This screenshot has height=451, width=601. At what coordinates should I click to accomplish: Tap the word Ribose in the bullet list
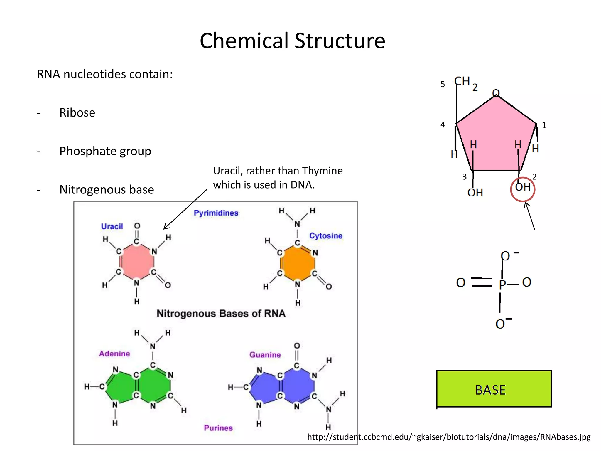(77, 113)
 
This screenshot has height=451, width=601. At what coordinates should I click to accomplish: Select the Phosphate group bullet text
(105, 151)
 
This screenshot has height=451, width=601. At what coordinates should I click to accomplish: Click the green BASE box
(494, 389)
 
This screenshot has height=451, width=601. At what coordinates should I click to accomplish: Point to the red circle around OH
(522, 189)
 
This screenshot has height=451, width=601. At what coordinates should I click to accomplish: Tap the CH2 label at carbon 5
(465, 82)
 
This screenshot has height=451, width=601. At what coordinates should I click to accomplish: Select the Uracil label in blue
(112, 226)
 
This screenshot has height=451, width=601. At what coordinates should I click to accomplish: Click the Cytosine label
(326, 236)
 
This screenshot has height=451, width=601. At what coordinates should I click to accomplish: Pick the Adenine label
(114, 354)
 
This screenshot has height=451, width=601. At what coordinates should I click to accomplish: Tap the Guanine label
(265, 355)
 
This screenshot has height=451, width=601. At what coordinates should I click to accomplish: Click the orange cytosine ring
(297, 263)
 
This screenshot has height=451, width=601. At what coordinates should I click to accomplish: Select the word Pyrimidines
(216, 213)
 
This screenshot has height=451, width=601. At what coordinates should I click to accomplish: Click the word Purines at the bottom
(218, 428)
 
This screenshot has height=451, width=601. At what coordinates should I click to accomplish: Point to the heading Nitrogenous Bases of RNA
(221, 313)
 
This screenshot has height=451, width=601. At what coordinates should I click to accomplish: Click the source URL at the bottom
(449, 437)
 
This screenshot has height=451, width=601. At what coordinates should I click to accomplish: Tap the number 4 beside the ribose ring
(443, 125)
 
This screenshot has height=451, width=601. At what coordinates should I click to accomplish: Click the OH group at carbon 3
(475, 193)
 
